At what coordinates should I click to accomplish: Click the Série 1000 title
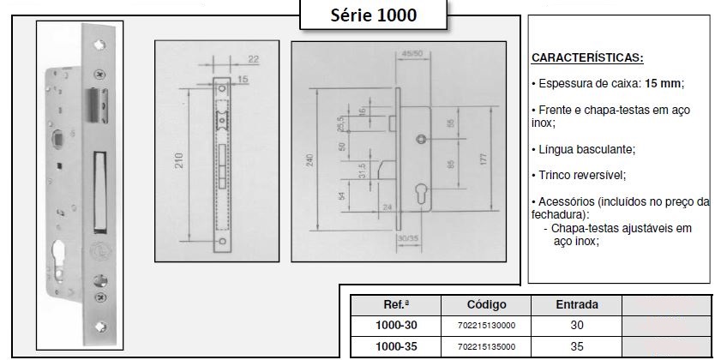(374, 15)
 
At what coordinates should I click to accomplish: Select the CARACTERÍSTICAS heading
(587, 58)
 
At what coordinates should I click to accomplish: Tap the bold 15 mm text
(663, 84)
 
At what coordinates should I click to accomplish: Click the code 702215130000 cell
(487, 326)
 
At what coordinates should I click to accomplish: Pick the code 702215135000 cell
(487, 347)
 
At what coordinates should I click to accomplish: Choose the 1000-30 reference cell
(396, 326)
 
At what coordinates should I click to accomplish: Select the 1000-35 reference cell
(396, 347)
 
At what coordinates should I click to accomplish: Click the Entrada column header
(577, 304)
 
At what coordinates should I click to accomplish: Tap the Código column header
(487, 304)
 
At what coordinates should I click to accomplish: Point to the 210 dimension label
(179, 160)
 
